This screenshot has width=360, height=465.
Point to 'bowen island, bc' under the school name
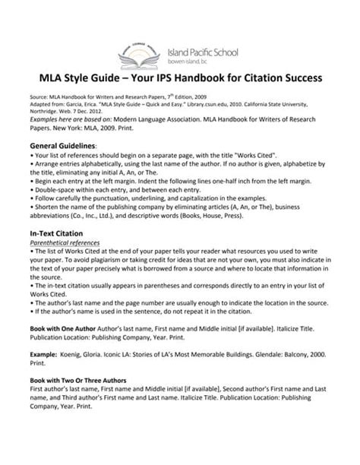tap(193, 60)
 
